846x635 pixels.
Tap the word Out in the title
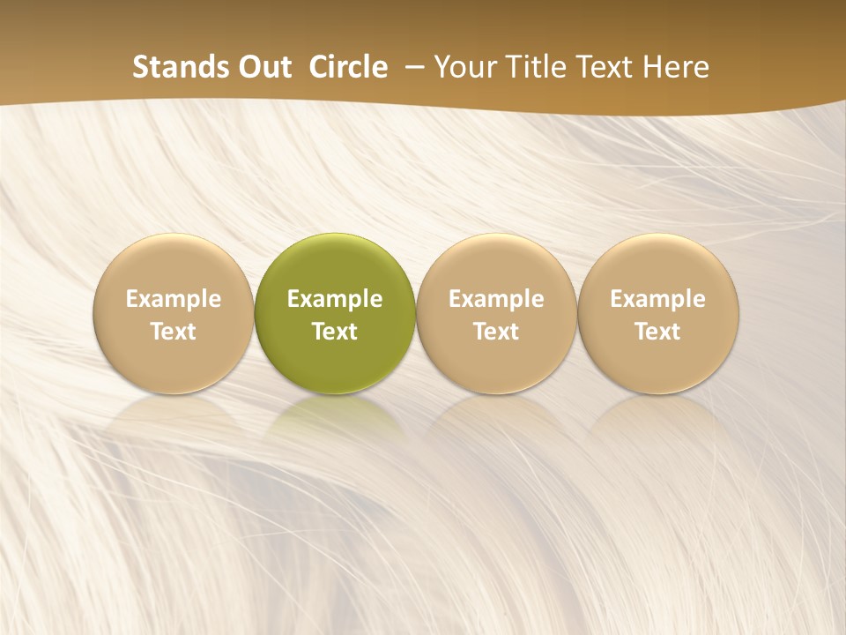pos(263,67)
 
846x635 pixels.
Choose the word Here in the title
pos(678,67)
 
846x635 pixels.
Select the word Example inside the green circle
pos(335,299)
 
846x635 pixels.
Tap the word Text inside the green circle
pos(335,332)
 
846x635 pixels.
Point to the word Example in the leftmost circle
pos(174,299)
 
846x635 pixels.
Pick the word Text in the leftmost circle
pos(174,332)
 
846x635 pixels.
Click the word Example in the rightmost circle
pos(658,299)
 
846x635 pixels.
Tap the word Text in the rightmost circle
pos(658,332)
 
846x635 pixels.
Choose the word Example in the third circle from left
pos(496,299)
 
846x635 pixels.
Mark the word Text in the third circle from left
pos(496,332)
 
